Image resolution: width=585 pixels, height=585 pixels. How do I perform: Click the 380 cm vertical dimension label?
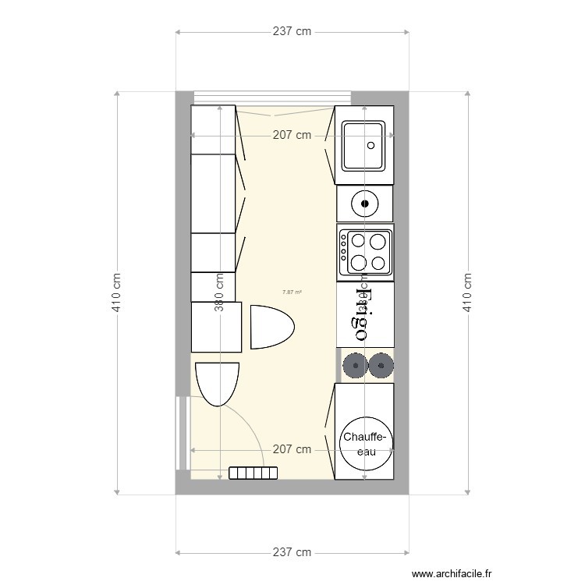coord(220,291)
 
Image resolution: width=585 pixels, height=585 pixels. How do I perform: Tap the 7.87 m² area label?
coord(292,292)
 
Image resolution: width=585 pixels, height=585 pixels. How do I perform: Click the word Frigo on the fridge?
coord(365,313)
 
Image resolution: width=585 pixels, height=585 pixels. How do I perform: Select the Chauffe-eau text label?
coord(365,444)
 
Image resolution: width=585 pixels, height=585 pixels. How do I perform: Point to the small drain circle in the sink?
coord(371,145)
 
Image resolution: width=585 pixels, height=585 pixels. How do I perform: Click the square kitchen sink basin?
coord(363,146)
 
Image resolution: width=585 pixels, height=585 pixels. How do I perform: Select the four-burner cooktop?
coord(365,251)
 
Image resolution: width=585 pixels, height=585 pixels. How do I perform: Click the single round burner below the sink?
coord(364,204)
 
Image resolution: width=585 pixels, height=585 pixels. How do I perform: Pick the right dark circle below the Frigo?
coord(381,364)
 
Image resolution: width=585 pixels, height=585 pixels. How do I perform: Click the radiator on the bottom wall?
coord(253,473)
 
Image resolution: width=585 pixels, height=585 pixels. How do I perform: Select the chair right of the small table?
coord(271,326)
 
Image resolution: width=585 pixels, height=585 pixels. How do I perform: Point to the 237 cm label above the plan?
coord(292,32)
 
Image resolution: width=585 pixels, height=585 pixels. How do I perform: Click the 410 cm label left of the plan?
coord(117,291)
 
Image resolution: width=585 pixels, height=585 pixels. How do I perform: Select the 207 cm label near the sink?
coord(292,135)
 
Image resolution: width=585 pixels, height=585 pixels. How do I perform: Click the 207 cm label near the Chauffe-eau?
coord(292,450)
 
